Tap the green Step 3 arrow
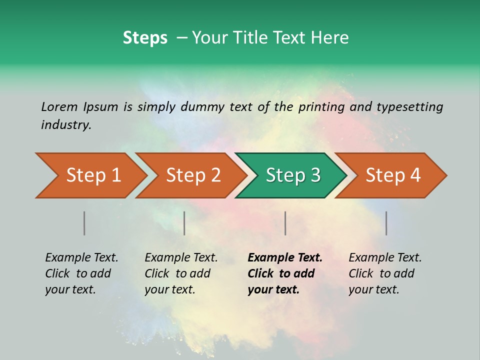pyautogui.click(x=292, y=175)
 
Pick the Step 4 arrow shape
pyautogui.click(x=392, y=175)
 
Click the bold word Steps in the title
pyautogui.click(x=145, y=38)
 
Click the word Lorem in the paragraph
pyautogui.click(x=59, y=106)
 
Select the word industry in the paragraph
pyautogui.click(x=66, y=124)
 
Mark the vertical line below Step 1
pyautogui.click(x=84, y=223)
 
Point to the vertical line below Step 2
pyautogui.click(x=184, y=223)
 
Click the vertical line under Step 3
pyautogui.click(x=285, y=223)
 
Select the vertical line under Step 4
pyautogui.click(x=386, y=223)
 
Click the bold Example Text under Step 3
pyautogui.click(x=285, y=258)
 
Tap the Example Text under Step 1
pyautogui.click(x=81, y=258)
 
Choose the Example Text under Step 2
pyautogui.click(x=181, y=258)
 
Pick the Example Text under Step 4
pyautogui.click(x=385, y=258)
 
